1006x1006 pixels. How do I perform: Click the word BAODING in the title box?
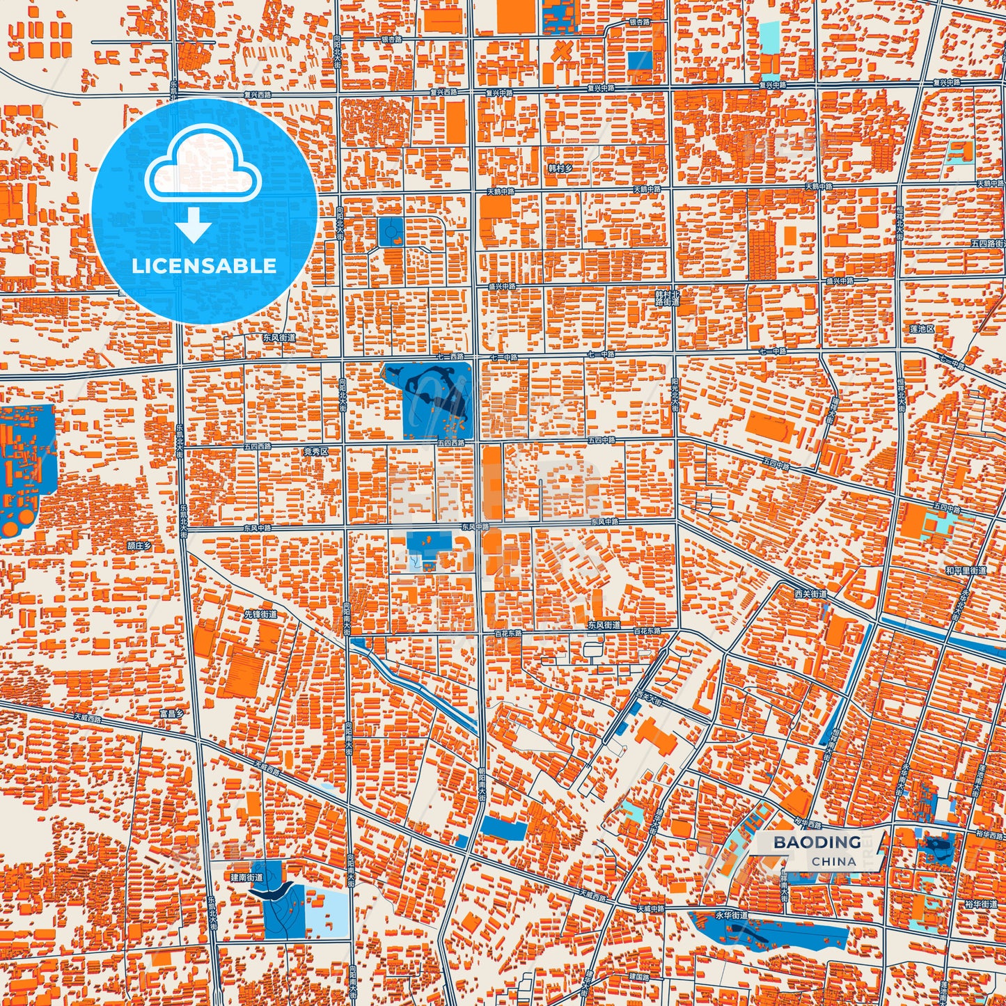point(817,842)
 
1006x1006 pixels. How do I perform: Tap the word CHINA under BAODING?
point(834,861)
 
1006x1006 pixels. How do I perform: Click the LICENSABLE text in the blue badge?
point(205,266)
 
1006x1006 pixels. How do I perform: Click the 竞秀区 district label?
point(315,452)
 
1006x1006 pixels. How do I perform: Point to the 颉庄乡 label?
point(139,547)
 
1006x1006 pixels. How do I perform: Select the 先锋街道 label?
point(260,614)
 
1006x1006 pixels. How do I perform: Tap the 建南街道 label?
point(246,878)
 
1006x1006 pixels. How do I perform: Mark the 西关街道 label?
point(810,594)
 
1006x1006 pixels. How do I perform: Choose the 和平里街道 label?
point(966,571)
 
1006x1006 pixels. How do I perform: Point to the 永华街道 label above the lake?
point(731,915)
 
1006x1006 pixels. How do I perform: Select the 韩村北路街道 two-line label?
point(666,299)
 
